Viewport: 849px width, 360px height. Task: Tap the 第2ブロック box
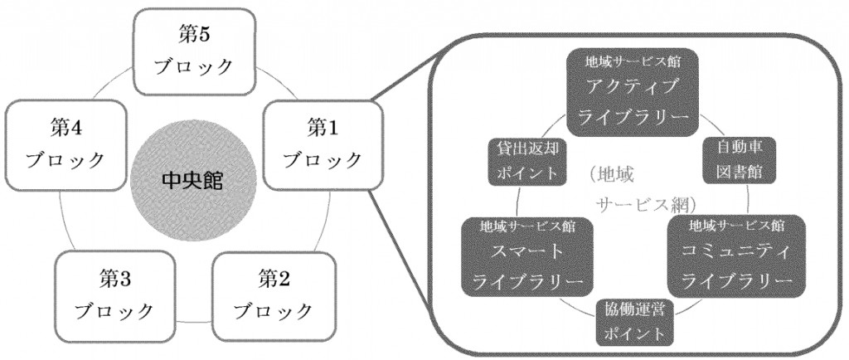coord(274,295)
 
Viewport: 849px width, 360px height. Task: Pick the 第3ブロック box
coord(115,295)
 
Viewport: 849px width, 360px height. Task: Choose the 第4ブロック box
coord(65,144)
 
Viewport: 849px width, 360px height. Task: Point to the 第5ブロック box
coord(194,52)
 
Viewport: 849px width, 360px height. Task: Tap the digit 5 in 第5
coord(202,35)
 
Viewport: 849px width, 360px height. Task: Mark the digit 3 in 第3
coord(124,280)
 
